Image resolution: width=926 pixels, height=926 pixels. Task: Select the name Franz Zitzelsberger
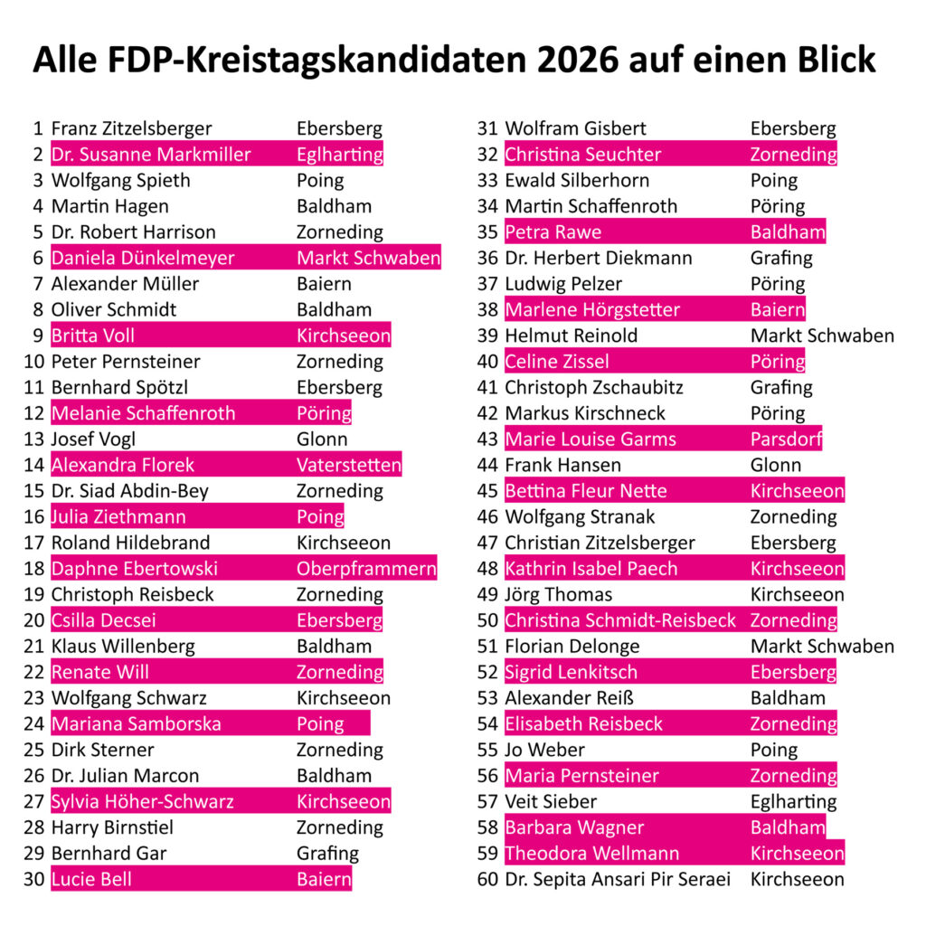coord(131,128)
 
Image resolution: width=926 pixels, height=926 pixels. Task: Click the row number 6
coord(38,258)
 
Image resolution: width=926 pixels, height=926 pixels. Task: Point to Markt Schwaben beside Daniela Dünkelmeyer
coord(368,258)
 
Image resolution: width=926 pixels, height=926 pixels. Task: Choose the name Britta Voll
coord(93,335)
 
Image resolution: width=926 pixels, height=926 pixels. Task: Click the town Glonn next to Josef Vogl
coord(322,439)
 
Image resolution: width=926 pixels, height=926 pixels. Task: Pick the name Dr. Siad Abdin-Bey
coord(129,491)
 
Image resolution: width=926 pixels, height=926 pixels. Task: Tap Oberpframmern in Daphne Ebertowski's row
coord(366,569)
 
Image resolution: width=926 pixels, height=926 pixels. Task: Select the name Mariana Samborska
coord(136,723)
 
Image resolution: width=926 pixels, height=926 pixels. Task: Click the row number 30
coord(34,879)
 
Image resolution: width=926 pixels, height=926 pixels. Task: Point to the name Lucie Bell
coord(91,879)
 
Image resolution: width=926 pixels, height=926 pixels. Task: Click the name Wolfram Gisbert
coord(575,128)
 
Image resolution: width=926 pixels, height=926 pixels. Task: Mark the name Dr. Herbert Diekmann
coord(598,258)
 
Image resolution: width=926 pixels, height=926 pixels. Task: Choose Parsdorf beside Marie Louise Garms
coord(785,439)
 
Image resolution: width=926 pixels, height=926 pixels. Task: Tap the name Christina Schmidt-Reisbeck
coord(620,620)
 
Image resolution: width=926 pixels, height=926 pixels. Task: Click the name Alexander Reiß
coord(570,698)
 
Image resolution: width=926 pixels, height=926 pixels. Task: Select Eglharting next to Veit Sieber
coord(793,801)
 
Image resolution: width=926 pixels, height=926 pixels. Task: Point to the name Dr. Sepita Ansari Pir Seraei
coord(617,879)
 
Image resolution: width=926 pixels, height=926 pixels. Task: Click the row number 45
coord(487,491)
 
